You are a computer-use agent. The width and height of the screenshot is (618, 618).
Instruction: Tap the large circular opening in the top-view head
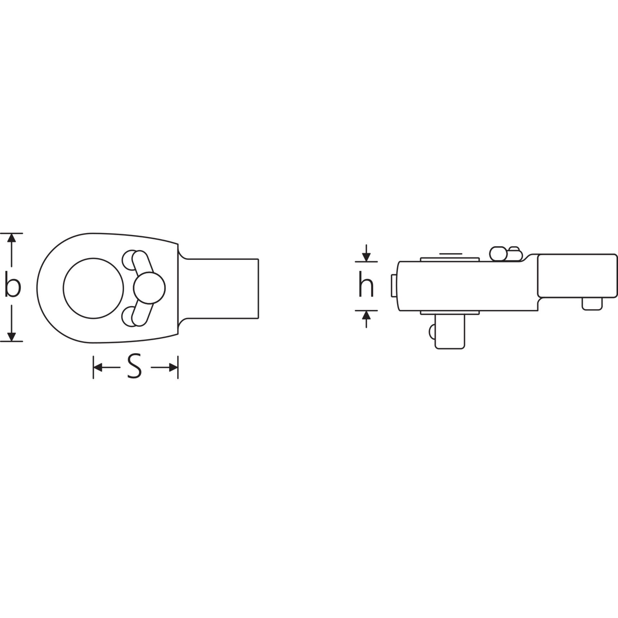93,288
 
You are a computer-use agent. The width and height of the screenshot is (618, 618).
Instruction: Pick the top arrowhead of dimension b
12,238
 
